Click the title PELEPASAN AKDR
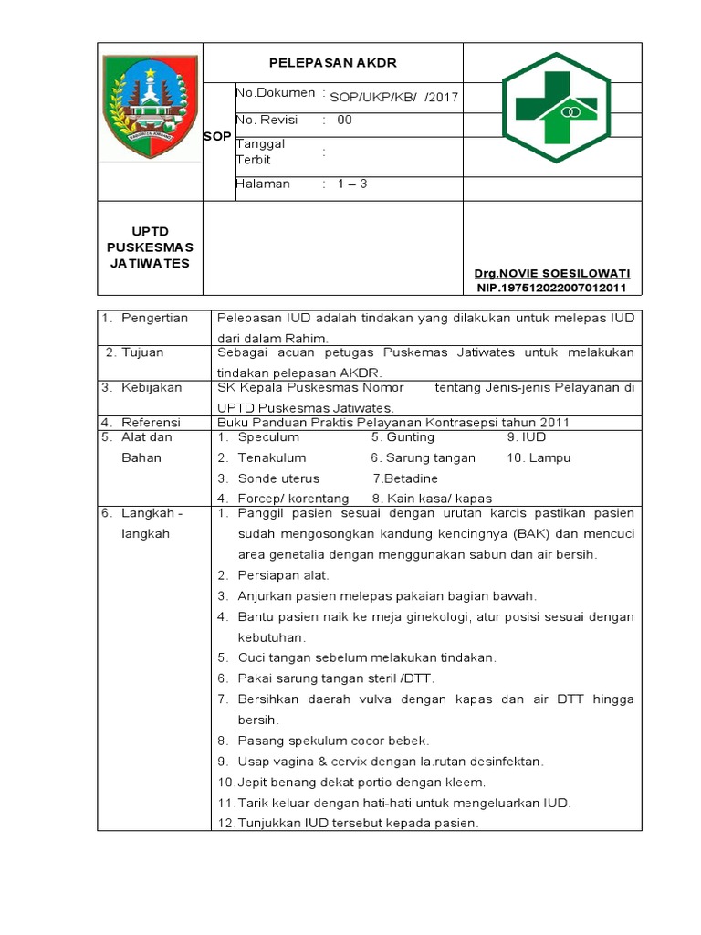point(333,63)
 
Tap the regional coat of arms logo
point(150,108)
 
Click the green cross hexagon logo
point(551,108)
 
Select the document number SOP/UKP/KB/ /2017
point(394,97)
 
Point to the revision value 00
point(345,120)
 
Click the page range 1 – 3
point(351,184)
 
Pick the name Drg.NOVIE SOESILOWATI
point(551,274)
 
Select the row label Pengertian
point(155,318)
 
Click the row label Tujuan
point(145,352)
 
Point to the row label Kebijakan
point(152,387)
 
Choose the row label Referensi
point(152,423)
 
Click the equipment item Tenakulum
point(272,457)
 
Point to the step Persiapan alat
point(283,575)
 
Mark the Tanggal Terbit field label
point(261,152)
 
